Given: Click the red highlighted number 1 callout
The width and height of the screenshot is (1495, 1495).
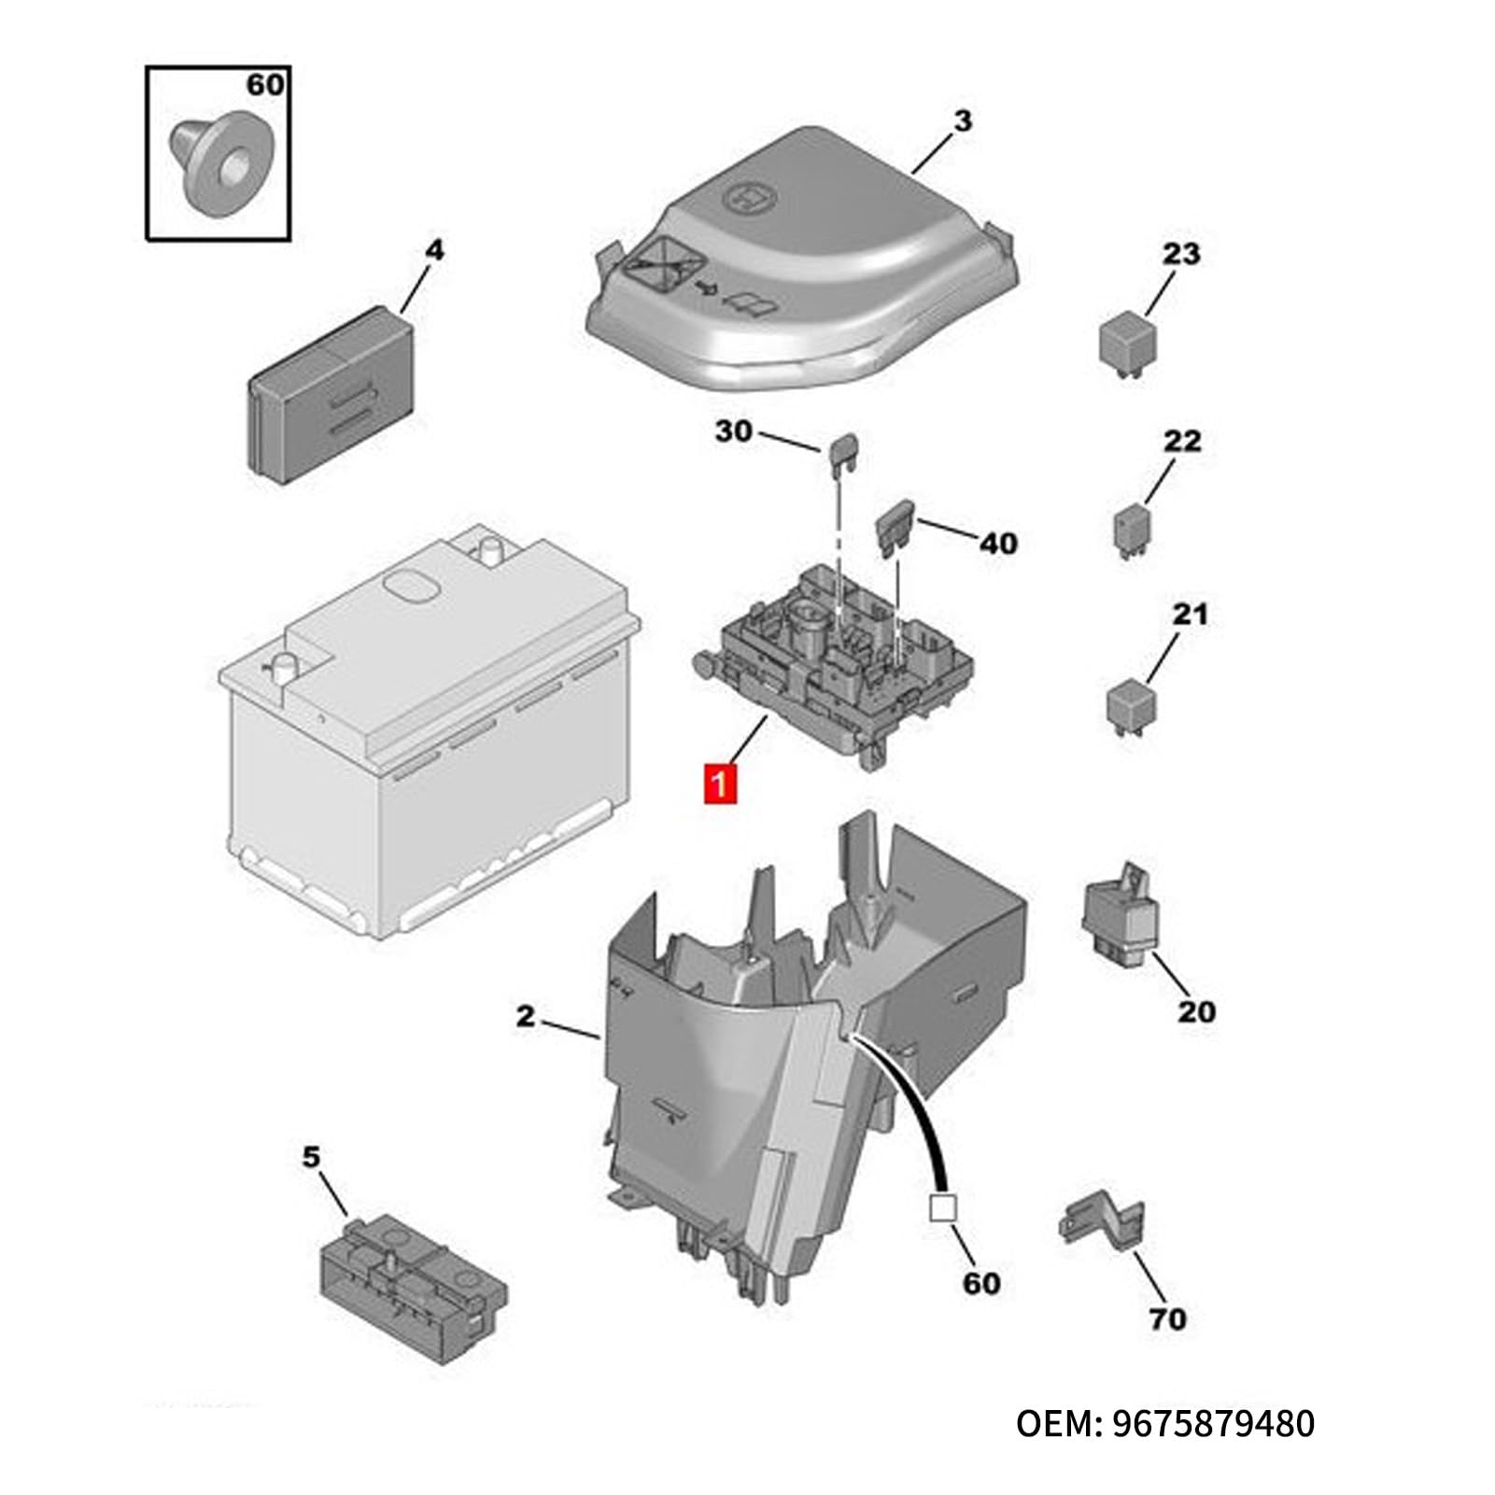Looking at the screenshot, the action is (x=721, y=783).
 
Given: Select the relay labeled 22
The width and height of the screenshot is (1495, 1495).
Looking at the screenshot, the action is (x=1132, y=531).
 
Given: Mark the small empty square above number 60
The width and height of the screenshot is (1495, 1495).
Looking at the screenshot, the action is (x=942, y=1209).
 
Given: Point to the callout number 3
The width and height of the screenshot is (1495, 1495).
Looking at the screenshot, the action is (x=963, y=120).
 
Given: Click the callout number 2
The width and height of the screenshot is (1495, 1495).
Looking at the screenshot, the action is (x=527, y=1016).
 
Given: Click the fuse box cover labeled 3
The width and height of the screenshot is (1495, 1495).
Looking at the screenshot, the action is (x=802, y=261).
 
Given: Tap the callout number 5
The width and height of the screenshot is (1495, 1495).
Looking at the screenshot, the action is (x=311, y=1157).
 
